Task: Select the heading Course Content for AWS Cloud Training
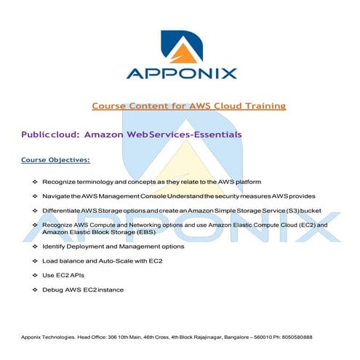pyautogui.click(x=188, y=106)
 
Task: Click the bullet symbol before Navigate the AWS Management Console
pyautogui.click(x=36, y=196)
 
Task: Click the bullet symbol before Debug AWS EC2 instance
pyautogui.click(x=36, y=290)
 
